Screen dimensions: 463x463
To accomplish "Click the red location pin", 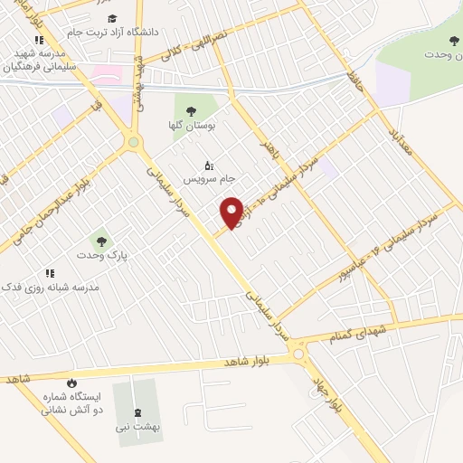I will pyautogui.click(x=231, y=213).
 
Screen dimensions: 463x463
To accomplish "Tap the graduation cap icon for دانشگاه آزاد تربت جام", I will pyautogui.click(x=111, y=18).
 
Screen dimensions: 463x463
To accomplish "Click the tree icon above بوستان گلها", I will pyautogui.click(x=190, y=110).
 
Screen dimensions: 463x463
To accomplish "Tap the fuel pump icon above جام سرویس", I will pyautogui.click(x=209, y=165).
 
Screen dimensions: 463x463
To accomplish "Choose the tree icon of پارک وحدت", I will pyautogui.click(x=100, y=241).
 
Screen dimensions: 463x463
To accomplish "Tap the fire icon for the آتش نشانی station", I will pyautogui.click(x=71, y=383).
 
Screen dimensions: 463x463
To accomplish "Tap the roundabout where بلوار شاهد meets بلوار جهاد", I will pyautogui.click(x=298, y=357).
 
